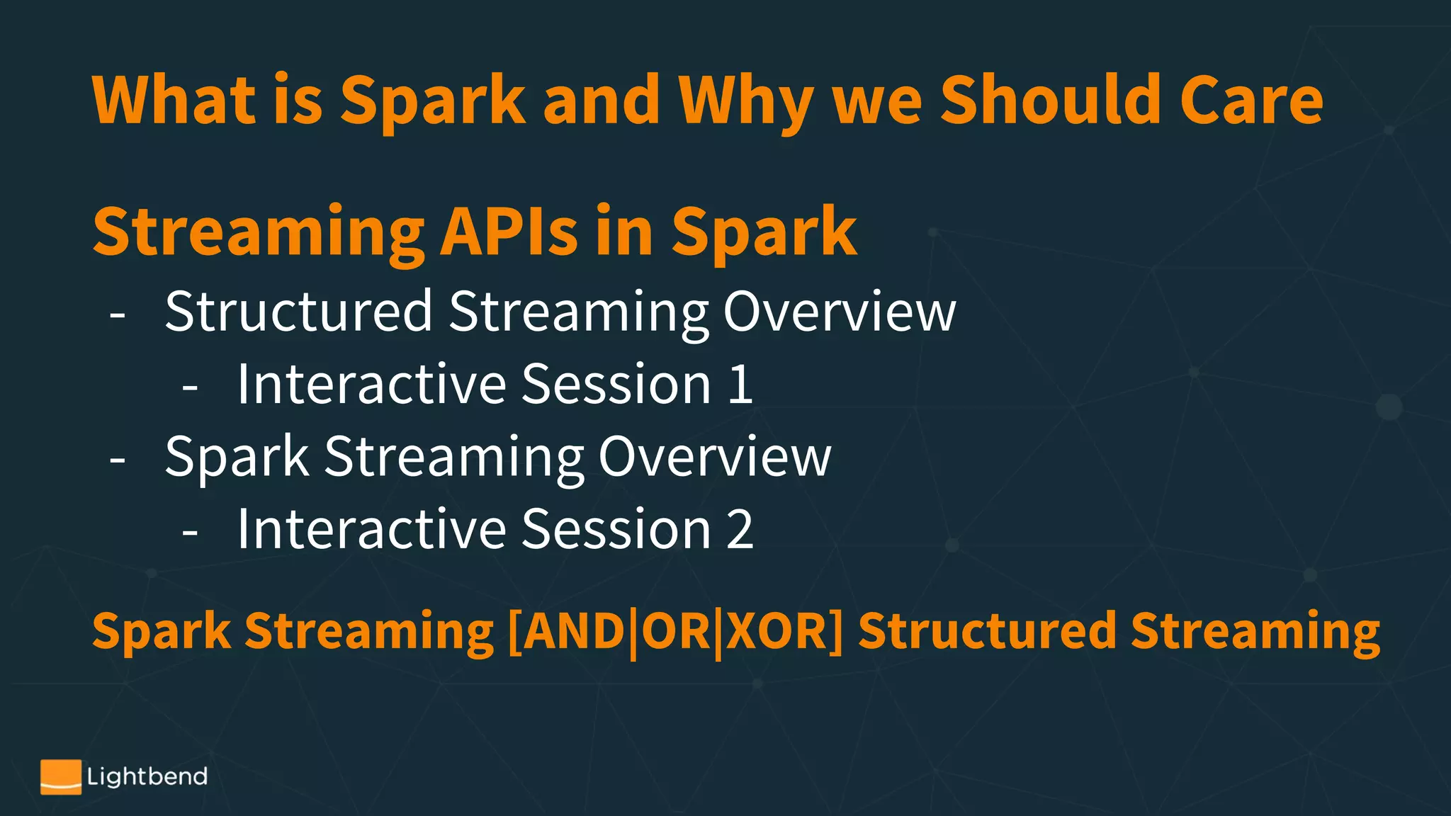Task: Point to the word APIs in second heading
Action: [509, 232]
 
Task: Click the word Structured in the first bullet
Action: [298, 311]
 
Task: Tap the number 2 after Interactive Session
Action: [740, 529]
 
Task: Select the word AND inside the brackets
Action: [574, 631]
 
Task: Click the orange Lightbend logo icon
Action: [60, 777]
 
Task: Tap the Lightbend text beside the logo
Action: [147, 777]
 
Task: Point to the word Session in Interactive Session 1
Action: [616, 385]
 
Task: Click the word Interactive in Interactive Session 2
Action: [371, 529]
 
